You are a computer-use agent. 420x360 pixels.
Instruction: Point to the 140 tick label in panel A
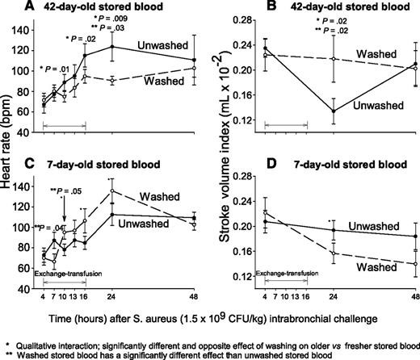[x=34, y=25]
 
